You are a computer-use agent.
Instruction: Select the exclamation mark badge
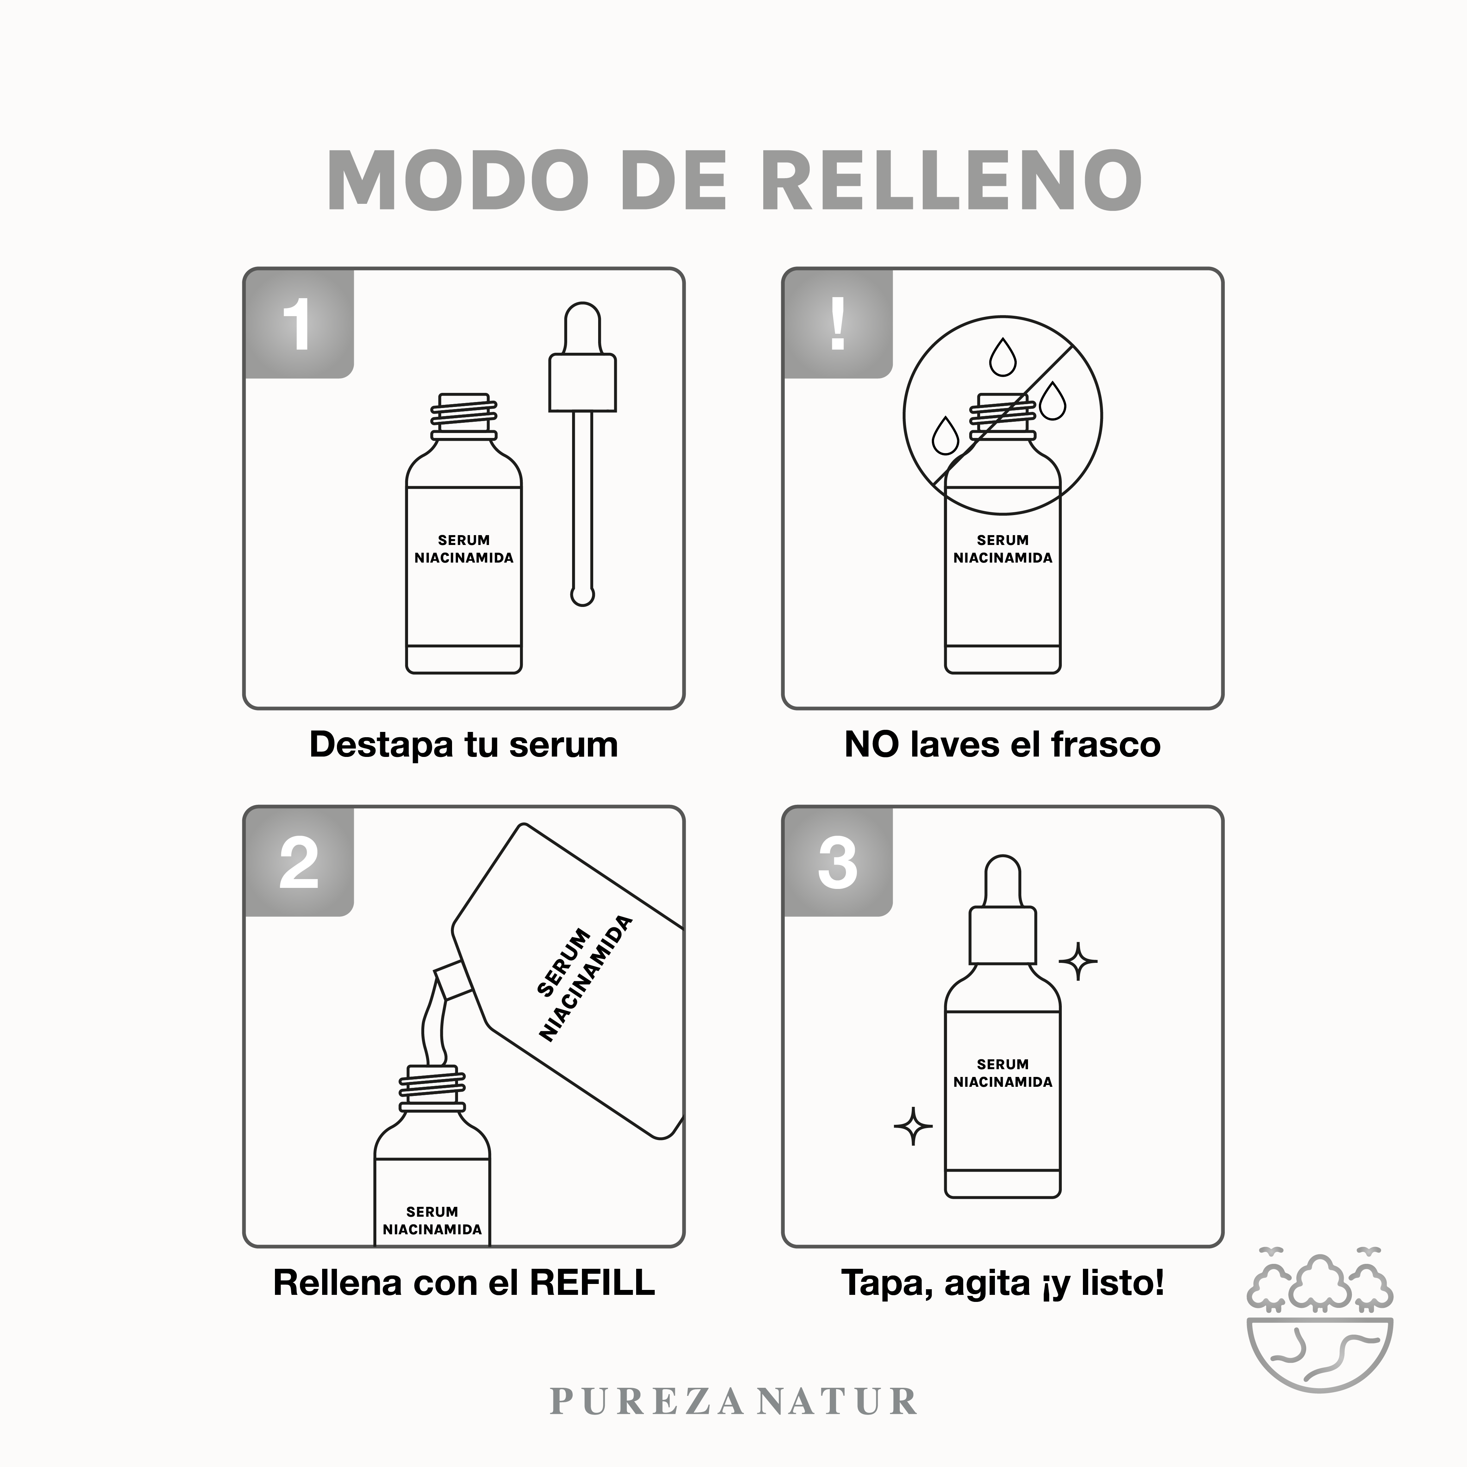click(x=838, y=324)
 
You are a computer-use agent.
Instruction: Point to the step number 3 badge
click(x=838, y=862)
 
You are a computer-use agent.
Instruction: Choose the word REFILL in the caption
click(x=592, y=1283)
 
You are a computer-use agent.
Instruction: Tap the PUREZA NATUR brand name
click(x=734, y=1401)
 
